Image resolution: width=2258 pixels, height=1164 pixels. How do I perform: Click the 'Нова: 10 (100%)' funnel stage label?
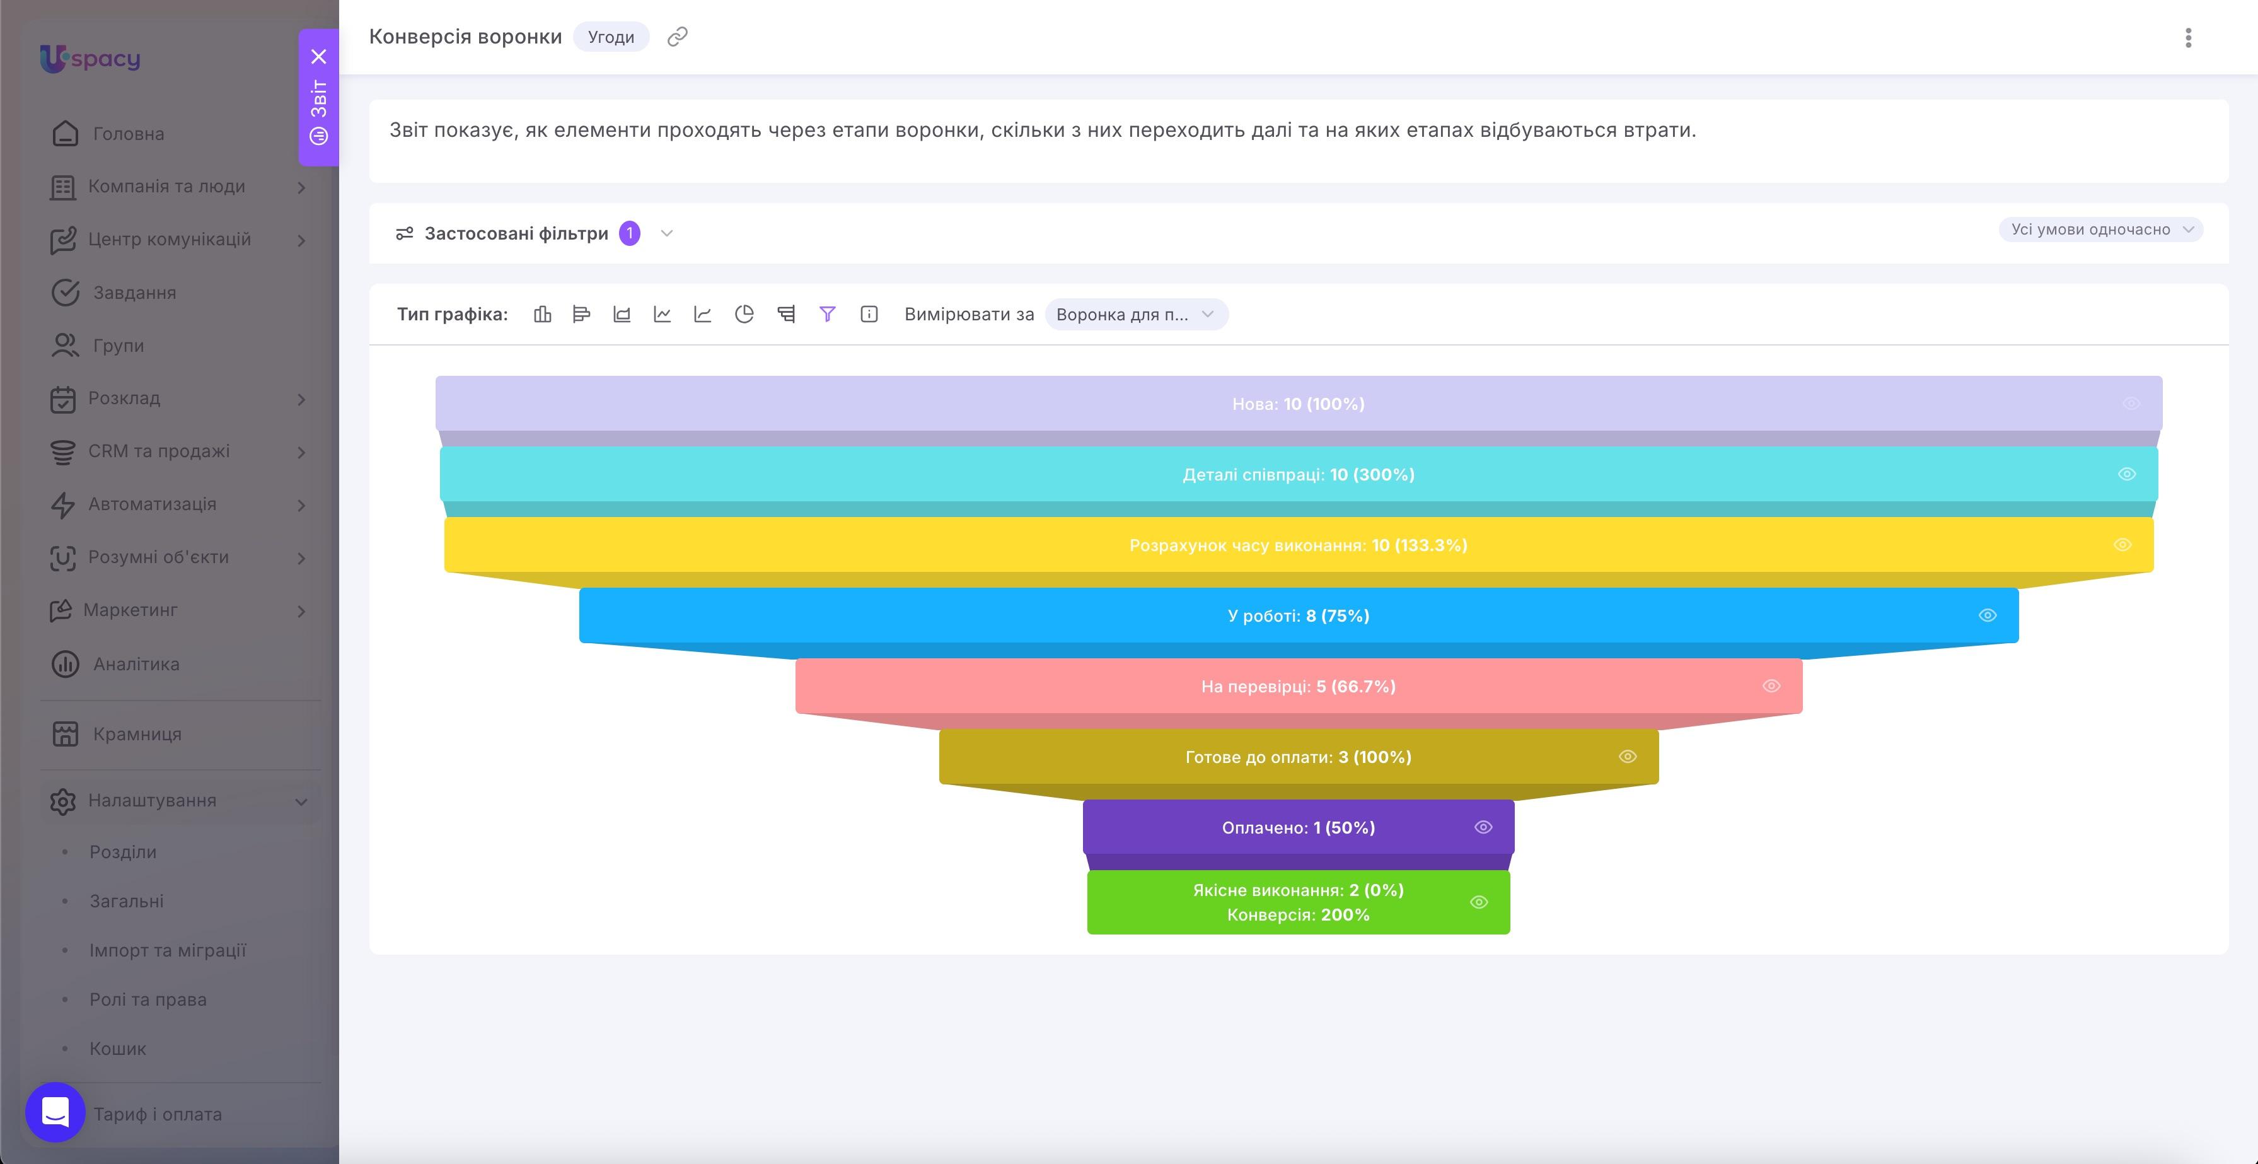pos(1298,404)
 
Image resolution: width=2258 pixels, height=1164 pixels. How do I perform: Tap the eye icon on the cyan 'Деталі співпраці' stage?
pos(2126,474)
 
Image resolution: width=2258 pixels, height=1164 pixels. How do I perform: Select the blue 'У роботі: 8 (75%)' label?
pos(1298,615)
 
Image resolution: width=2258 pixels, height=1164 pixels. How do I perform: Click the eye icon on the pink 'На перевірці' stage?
pos(1771,686)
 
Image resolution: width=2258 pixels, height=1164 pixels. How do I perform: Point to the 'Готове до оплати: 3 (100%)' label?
pos(1298,757)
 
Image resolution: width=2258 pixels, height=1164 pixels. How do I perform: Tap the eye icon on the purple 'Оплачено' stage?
pos(1482,827)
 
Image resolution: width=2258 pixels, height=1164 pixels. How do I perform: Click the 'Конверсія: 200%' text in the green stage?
pos(1298,914)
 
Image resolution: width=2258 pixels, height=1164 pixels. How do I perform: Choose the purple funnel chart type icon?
pos(826,314)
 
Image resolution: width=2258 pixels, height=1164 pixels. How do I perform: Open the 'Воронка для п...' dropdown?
pos(1136,315)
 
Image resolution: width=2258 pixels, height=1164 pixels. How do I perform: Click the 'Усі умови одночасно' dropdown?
pos(2100,230)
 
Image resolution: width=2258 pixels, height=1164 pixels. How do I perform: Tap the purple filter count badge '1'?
pos(629,233)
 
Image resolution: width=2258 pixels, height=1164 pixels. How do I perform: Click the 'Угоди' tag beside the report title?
pos(611,37)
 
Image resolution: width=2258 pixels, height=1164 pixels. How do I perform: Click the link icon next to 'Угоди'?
pos(676,37)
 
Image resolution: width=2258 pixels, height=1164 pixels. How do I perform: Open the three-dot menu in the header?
pos(2188,38)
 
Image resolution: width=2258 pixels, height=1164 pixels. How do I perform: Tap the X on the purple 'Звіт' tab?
pos(319,57)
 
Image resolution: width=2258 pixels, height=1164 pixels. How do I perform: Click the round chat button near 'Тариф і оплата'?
pos(55,1112)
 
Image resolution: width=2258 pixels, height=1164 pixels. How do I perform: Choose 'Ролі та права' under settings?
pos(148,999)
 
